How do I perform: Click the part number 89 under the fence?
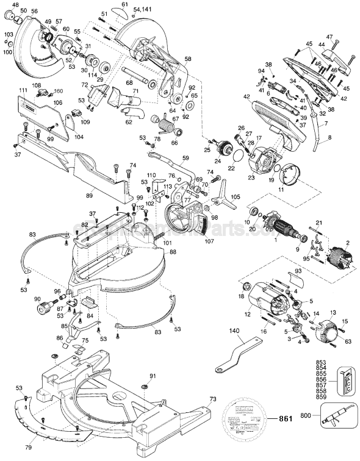coord(89,195)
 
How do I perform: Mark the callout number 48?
coord(15,5)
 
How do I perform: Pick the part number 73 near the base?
coord(212,399)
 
